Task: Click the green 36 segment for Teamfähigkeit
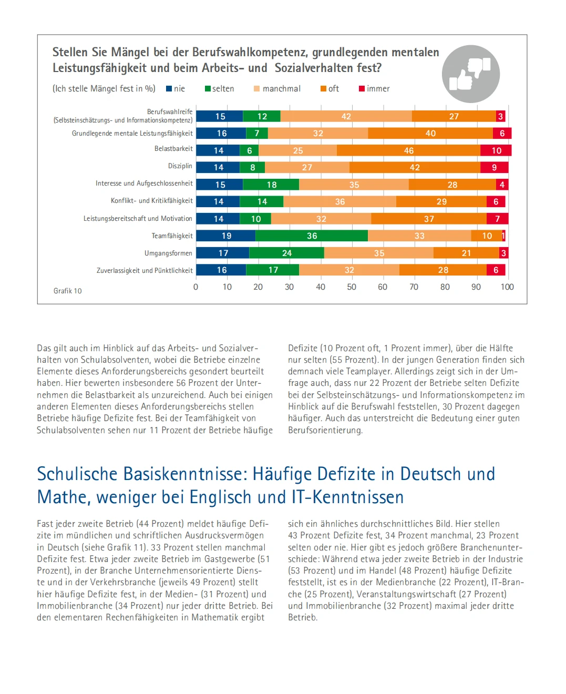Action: point(312,236)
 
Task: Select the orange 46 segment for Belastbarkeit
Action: point(408,150)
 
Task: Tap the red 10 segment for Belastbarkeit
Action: point(496,150)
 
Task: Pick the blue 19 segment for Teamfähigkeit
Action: point(226,236)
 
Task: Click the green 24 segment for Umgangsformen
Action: point(286,253)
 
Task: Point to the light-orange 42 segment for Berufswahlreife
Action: point(346,116)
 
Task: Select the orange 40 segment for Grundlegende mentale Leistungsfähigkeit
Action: point(430,133)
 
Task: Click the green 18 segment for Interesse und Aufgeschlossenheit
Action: point(271,185)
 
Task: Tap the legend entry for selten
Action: point(220,89)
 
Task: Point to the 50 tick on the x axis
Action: point(352,287)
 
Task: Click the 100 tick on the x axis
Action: point(507,287)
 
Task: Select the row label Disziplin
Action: point(180,166)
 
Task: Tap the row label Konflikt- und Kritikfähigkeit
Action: point(152,201)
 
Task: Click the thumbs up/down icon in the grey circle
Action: point(471,74)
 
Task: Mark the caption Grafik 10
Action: point(68,291)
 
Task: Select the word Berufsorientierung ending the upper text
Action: point(325,430)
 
